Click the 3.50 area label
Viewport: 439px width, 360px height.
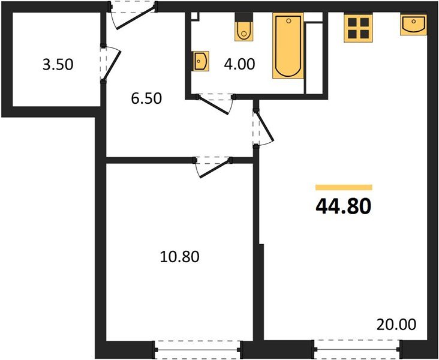tap(58, 64)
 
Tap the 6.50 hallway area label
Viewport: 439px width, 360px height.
tap(147, 98)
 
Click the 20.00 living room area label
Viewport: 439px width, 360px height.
tap(396, 325)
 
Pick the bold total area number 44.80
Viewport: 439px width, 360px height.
tap(343, 206)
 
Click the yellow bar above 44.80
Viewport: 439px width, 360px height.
tap(344, 187)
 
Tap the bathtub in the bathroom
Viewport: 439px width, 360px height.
tap(288, 47)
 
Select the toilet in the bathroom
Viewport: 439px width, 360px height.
tap(243, 29)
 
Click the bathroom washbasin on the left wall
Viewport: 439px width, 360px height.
tap(201, 61)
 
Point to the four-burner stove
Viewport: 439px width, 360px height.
tap(358, 28)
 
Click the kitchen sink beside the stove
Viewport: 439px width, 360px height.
tap(414, 25)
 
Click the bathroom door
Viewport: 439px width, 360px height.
tap(216, 103)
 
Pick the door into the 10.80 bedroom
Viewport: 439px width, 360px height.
tap(213, 166)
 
